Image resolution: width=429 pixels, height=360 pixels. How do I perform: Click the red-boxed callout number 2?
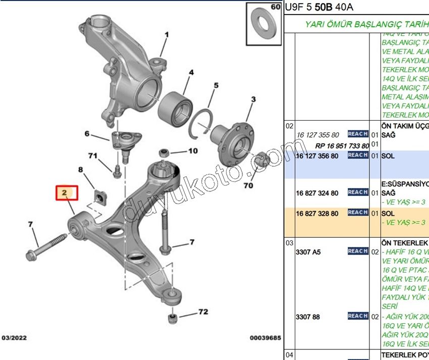click(64, 192)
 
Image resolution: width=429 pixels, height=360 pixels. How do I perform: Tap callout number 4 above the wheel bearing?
click(191, 73)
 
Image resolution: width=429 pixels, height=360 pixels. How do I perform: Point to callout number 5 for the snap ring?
click(216, 85)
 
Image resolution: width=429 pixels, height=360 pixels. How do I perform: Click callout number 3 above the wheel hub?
click(253, 99)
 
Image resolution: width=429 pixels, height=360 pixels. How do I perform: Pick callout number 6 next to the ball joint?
click(87, 134)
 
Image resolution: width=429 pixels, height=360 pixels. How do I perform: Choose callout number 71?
click(92, 156)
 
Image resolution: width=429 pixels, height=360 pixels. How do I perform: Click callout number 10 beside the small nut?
click(193, 150)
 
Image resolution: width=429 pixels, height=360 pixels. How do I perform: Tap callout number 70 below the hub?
click(248, 186)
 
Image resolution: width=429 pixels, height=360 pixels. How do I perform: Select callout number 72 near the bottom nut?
click(202, 312)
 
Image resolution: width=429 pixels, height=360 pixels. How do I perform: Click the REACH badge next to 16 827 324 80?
click(357, 192)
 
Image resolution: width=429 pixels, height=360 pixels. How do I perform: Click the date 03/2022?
click(15, 338)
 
